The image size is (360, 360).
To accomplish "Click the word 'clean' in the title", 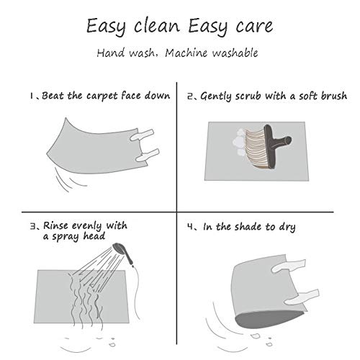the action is (157, 26).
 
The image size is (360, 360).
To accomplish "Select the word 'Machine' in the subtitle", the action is (186, 53).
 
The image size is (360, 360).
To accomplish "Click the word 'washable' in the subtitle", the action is (235, 53).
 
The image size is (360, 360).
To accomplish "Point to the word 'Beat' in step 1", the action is (53, 96).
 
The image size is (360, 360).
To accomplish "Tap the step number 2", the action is (191, 96).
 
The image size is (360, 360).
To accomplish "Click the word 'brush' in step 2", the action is (334, 96).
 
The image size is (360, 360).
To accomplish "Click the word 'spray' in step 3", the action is (66, 237).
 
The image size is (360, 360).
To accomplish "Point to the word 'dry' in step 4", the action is (287, 228).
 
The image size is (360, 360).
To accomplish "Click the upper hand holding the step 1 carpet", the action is (142, 135).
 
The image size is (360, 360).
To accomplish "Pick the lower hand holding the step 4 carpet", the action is (302, 297).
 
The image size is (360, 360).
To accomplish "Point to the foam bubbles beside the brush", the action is (239, 142).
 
